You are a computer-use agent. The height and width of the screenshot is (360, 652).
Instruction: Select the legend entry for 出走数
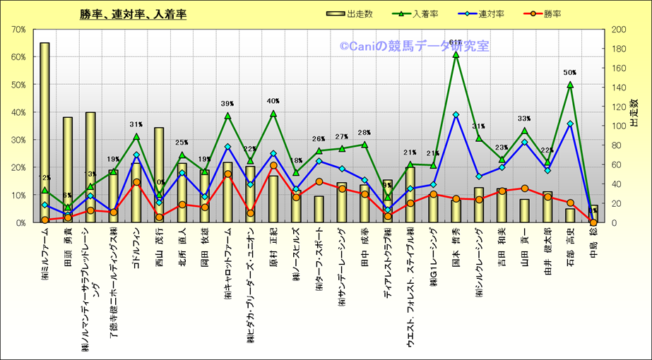tap(353, 13)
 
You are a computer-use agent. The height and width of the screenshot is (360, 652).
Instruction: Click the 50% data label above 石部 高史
tap(569, 73)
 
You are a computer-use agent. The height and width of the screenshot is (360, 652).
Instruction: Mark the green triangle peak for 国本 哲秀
tap(456, 54)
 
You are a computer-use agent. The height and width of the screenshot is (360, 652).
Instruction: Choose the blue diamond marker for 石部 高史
tap(569, 124)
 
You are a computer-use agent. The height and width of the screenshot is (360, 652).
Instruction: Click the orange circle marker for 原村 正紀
tap(273, 165)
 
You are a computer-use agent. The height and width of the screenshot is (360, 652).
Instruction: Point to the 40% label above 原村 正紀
tap(273, 101)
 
